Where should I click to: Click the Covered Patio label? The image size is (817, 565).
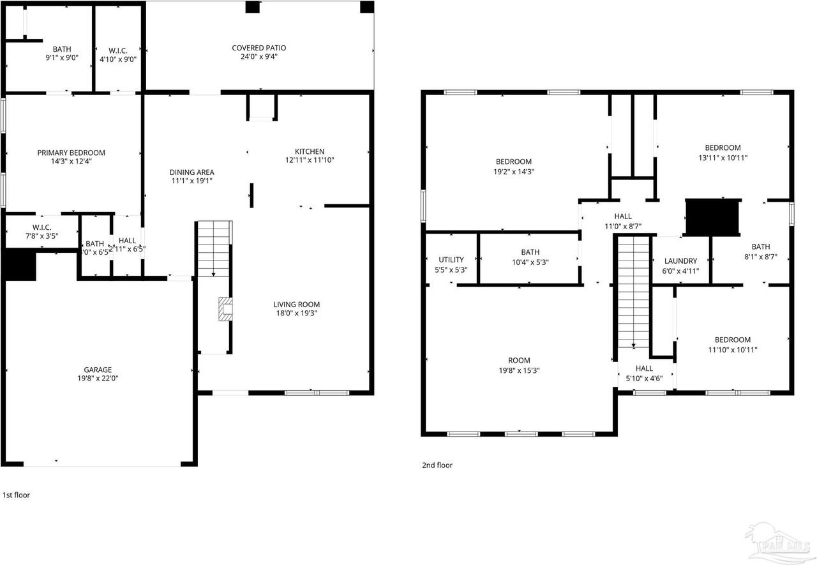[259, 48]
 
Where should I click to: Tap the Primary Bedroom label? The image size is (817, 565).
[71, 153]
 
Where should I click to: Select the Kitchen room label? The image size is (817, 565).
[309, 151]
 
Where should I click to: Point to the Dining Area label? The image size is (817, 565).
[191, 172]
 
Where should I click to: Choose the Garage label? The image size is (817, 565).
[98, 370]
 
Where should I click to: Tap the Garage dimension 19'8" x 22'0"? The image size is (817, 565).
[98, 378]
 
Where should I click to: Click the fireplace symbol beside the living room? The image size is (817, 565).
[225, 309]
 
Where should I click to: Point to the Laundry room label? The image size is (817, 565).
[680, 261]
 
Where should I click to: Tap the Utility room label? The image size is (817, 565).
[451, 260]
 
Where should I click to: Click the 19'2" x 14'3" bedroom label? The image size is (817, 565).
[514, 162]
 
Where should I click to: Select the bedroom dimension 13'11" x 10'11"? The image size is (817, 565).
[723, 157]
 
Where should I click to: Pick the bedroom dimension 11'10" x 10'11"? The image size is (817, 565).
[732, 349]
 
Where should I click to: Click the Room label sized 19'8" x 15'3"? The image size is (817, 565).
[519, 361]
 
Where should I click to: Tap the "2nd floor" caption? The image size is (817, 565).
[437, 465]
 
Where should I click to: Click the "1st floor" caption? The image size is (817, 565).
[17, 495]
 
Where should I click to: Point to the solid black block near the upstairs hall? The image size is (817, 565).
[712, 217]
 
